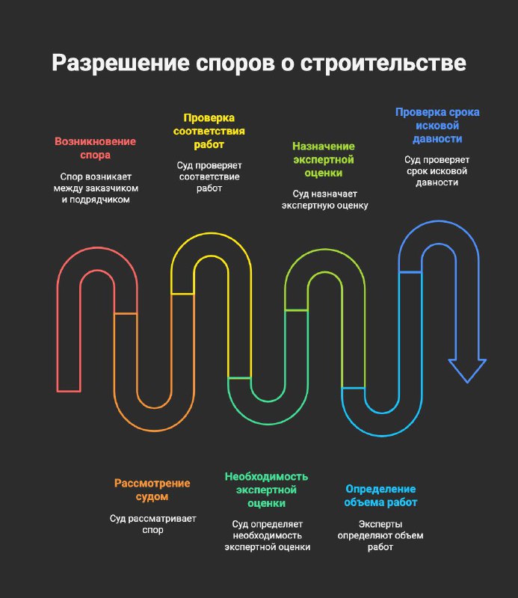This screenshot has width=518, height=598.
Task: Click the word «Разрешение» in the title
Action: pos(120,64)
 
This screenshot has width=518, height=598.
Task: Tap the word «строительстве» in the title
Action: pos(383,64)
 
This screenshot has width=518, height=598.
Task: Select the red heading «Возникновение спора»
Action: pos(96,148)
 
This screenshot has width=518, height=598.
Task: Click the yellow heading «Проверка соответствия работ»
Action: pos(209,131)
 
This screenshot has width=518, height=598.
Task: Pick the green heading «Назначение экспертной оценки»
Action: pos(324,159)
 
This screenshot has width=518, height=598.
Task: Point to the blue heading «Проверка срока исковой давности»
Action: pos(437,126)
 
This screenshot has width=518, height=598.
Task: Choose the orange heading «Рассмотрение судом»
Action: pos(152,490)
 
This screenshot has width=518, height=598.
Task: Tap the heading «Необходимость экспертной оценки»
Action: pos(266,490)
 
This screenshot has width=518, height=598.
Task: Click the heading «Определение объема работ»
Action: pos(380,496)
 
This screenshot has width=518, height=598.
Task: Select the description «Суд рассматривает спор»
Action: pos(152,524)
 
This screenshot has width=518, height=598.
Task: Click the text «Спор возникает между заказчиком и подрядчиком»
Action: pos(96,188)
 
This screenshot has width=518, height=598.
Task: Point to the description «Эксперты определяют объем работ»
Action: pos(380,535)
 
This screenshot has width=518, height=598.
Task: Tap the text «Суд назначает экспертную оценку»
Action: pos(324,200)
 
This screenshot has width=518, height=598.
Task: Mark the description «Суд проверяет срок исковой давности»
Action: pos(437,171)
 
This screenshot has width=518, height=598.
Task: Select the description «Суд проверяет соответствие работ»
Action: pos(209,176)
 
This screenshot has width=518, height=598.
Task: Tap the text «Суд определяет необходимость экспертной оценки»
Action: pos(267,535)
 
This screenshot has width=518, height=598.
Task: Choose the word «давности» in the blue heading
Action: pos(437,139)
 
